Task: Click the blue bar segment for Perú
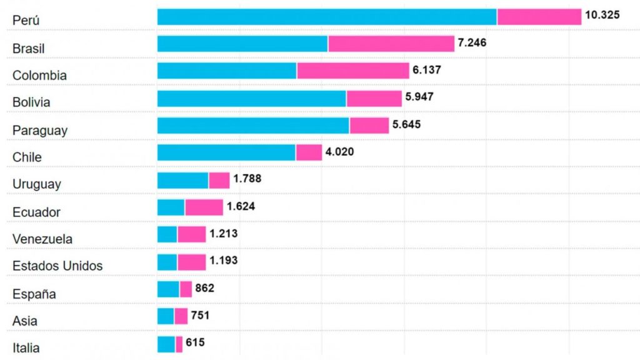pyautogui.click(x=327, y=17)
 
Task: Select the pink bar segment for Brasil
pyautogui.click(x=391, y=44)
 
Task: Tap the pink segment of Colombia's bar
pyautogui.click(x=353, y=71)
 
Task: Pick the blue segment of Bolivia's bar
pyautogui.click(x=251, y=98)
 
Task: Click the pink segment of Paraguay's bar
pyautogui.click(x=369, y=126)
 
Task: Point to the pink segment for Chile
pyautogui.click(x=309, y=152)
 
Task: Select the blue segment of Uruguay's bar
pyautogui.click(x=182, y=180)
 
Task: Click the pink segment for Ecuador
pyautogui.click(x=204, y=207)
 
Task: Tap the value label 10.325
pyautogui.click(x=602, y=14)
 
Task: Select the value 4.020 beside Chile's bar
pyautogui.click(x=340, y=151)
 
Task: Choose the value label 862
pyautogui.click(x=204, y=288)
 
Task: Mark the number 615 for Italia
pyautogui.click(x=194, y=342)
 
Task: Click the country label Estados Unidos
pyautogui.click(x=57, y=266)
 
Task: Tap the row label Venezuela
pyautogui.click(x=42, y=239)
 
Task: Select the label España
pyautogui.click(x=34, y=294)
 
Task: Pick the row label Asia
pyautogui.click(x=25, y=321)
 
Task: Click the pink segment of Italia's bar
pyautogui.click(x=179, y=344)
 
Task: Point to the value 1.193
pyautogui.click(x=223, y=261)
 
